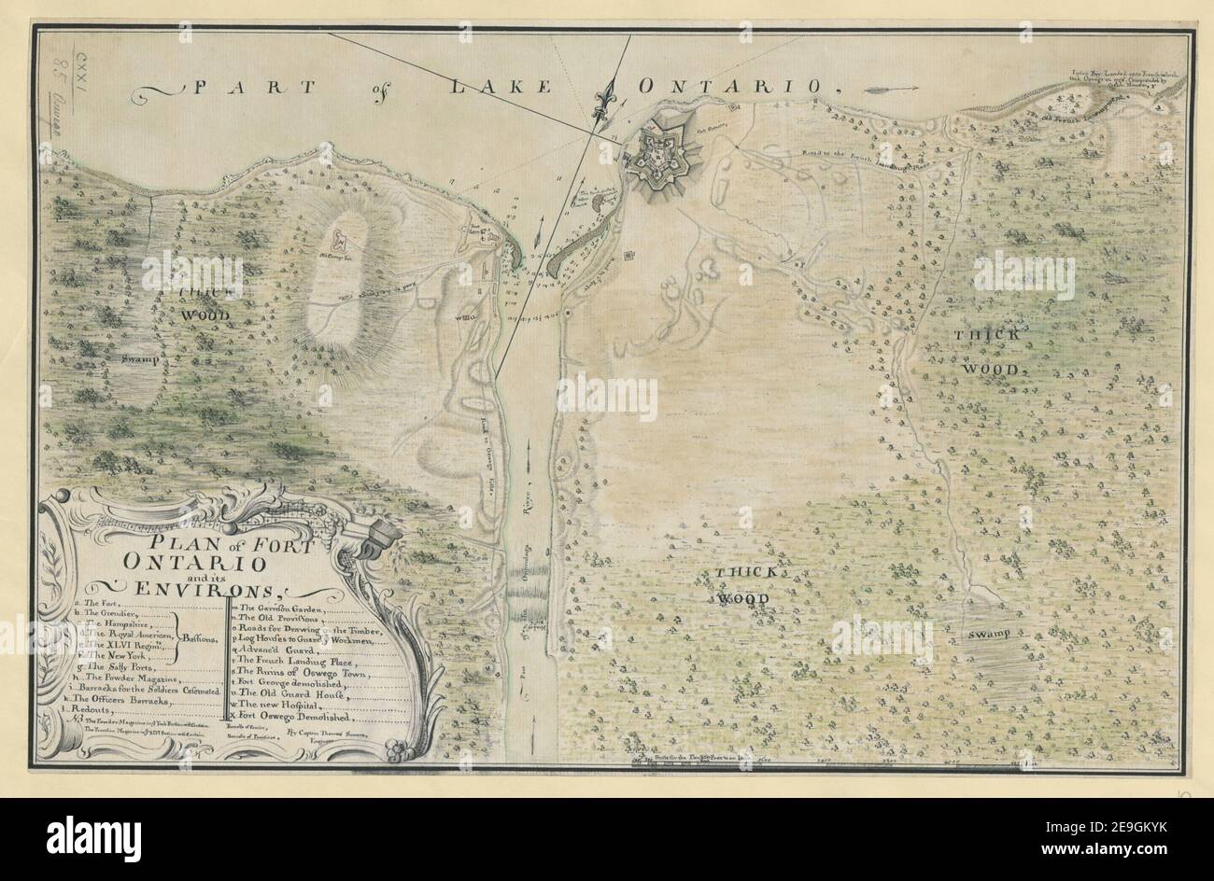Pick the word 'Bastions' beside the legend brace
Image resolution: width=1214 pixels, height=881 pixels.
click(x=202, y=638)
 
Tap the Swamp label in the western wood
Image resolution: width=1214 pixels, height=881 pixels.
click(x=137, y=356)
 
